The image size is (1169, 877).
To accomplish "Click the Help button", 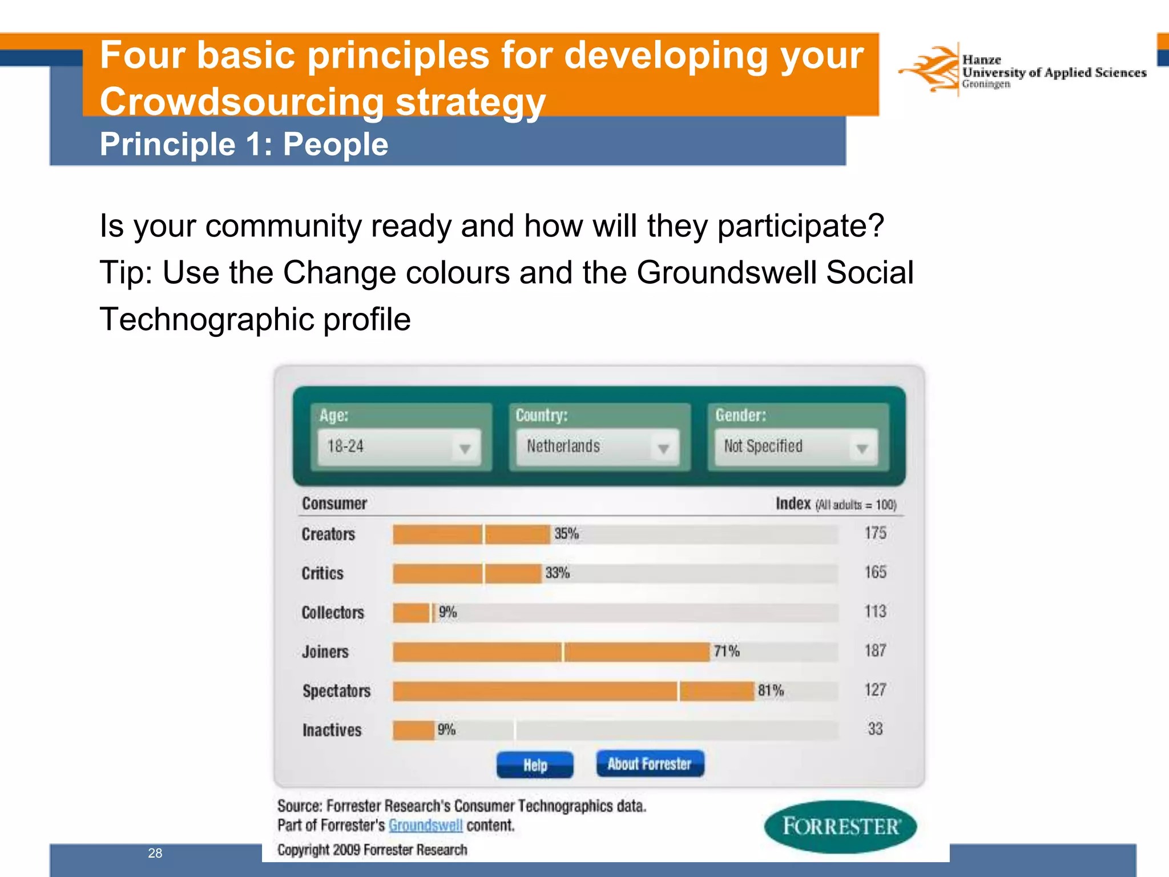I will [535, 765].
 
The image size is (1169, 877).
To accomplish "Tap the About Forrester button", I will [650, 763].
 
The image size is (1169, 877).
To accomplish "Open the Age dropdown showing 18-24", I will [399, 446].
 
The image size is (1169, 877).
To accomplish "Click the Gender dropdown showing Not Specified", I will [796, 446].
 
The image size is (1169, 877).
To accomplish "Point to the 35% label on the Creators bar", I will [566, 534].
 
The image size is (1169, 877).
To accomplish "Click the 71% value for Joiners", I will [726, 651].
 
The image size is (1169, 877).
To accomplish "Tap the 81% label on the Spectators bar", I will [771, 690].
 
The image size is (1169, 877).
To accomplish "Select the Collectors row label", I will [333, 613].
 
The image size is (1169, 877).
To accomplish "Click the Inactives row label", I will [332, 730].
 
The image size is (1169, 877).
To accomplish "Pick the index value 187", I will [875, 650].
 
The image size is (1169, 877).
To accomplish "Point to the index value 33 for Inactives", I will [875, 729].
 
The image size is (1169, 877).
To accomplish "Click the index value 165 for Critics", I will [875, 572].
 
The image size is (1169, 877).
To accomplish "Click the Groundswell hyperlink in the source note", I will [425, 826].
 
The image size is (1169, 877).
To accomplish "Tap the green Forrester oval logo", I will [840, 826].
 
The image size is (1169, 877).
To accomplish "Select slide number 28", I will [155, 853].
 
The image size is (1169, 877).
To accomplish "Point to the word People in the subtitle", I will [335, 144].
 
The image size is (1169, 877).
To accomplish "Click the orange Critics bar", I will [466, 573].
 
